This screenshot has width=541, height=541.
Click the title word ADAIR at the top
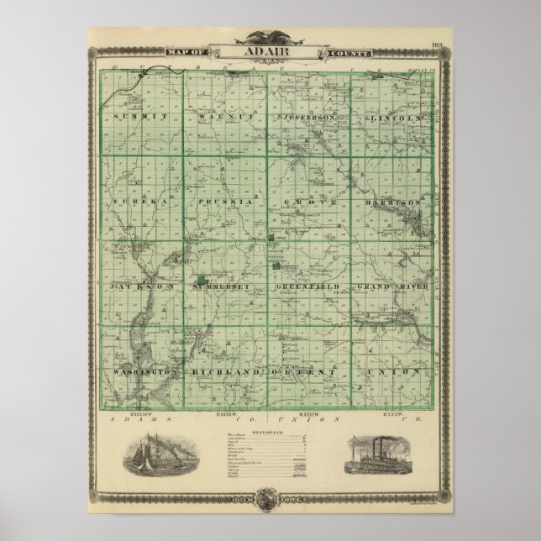[270, 51]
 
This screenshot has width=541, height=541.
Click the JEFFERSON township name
[312, 118]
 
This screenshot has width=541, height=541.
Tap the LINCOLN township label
[394, 118]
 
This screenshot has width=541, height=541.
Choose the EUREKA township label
[133, 202]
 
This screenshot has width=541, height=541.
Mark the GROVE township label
[311, 202]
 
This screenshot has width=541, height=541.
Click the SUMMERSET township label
[222, 286]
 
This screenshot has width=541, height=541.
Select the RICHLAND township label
[222, 370]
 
